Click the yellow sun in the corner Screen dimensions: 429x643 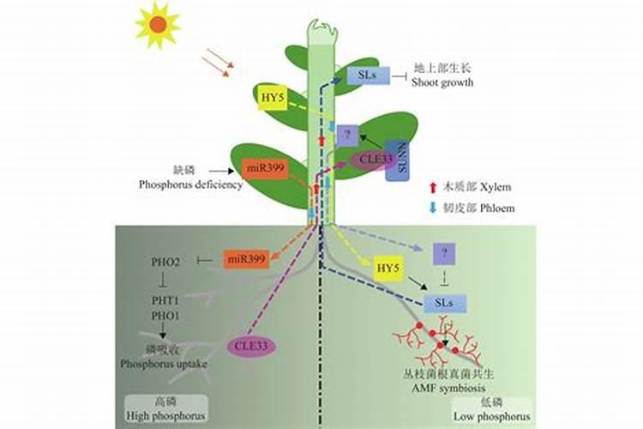pyautogui.click(x=157, y=24)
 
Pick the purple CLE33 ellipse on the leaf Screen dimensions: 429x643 pyautogui.click(x=372, y=160)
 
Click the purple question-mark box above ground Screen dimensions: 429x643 pyautogui.click(x=346, y=135)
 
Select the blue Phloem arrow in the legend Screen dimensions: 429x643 pyautogui.click(x=434, y=208)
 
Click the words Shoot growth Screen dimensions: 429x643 pyautogui.click(x=442, y=82)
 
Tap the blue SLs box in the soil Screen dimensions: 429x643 pyautogui.click(x=446, y=303)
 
